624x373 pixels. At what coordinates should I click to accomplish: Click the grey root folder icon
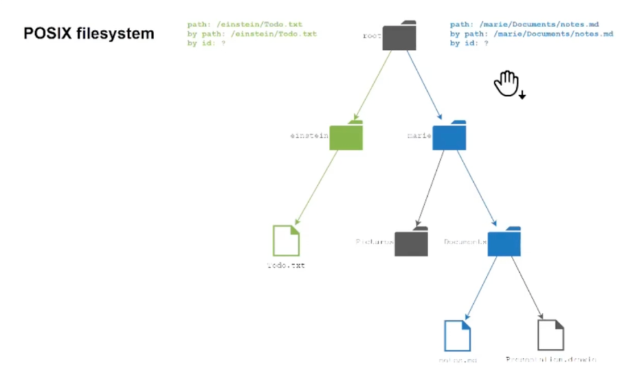tap(399, 36)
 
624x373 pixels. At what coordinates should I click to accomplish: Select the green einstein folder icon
tap(346, 136)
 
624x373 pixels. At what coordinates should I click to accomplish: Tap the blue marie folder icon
tap(449, 136)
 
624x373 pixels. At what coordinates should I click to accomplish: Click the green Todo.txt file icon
tap(286, 240)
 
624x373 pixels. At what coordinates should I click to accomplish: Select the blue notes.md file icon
tap(457, 335)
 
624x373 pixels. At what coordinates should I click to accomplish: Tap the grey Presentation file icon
tap(551, 335)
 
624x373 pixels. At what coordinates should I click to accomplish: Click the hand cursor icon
tap(507, 84)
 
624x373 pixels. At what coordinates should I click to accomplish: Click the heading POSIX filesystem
tap(89, 34)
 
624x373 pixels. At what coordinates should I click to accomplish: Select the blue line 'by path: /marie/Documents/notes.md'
tap(531, 34)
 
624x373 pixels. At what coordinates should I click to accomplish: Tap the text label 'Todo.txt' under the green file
tap(285, 266)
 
